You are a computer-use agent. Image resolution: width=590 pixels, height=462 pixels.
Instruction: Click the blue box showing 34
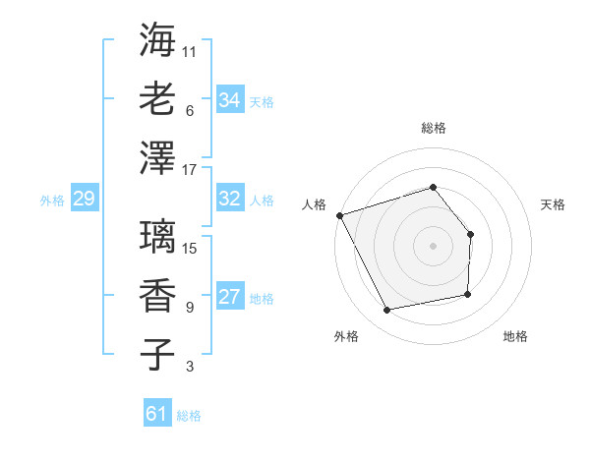pyautogui.click(x=229, y=99)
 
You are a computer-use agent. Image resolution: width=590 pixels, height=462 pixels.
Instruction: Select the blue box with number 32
pyautogui.click(x=229, y=199)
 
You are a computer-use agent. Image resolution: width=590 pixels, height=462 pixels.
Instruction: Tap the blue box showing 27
pyautogui.click(x=229, y=298)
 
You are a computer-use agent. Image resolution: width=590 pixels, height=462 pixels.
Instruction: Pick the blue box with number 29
pyautogui.click(x=84, y=200)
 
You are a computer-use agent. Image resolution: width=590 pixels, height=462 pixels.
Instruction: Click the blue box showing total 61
pyautogui.click(x=156, y=414)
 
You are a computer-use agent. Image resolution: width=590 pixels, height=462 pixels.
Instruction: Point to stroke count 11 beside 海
pyautogui.click(x=190, y=50)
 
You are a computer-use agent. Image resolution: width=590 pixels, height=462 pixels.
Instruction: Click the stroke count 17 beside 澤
pyautogui.click(x=190, y=169)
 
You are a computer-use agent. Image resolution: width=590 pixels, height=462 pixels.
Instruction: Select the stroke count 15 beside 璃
pyautogui.click(x=190, y=248)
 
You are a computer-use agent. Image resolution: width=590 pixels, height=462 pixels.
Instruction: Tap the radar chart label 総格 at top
pyautogui.click(x=434, y=128)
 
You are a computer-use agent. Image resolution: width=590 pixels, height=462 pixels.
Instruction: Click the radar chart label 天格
pyautogui.click(x=554, y=204)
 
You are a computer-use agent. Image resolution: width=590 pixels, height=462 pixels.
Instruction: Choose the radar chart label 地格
pyautogui.click(x=515, y=336)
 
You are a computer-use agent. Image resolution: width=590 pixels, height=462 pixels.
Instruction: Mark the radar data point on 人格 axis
pyautogui.click(x=339, y=215)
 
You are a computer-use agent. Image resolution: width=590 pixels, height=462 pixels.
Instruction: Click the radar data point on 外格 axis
pyautogui.click(x=387, y=310)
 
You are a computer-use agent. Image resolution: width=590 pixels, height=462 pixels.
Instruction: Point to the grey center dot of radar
pyautogui.click(x=434, y=245)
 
